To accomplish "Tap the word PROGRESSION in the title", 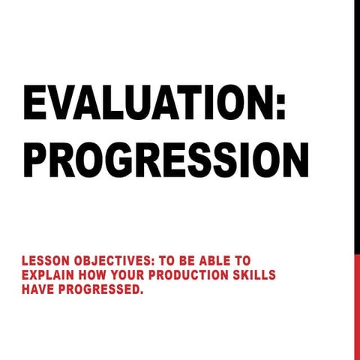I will pyautogui.click(x=166, y=157).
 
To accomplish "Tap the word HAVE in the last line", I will pyautogui.click(x=37, y=287).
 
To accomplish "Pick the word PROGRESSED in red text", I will pyautogui.click(x=100, y=287).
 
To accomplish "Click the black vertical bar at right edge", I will pyautogui.click(x=357, y=127).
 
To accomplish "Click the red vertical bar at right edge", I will pyautogui.click(x=357, y=307).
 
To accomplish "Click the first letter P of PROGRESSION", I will pyautogui.click(x=36, y=157).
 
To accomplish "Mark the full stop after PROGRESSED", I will pyautogui.click(x=141, y=291).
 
